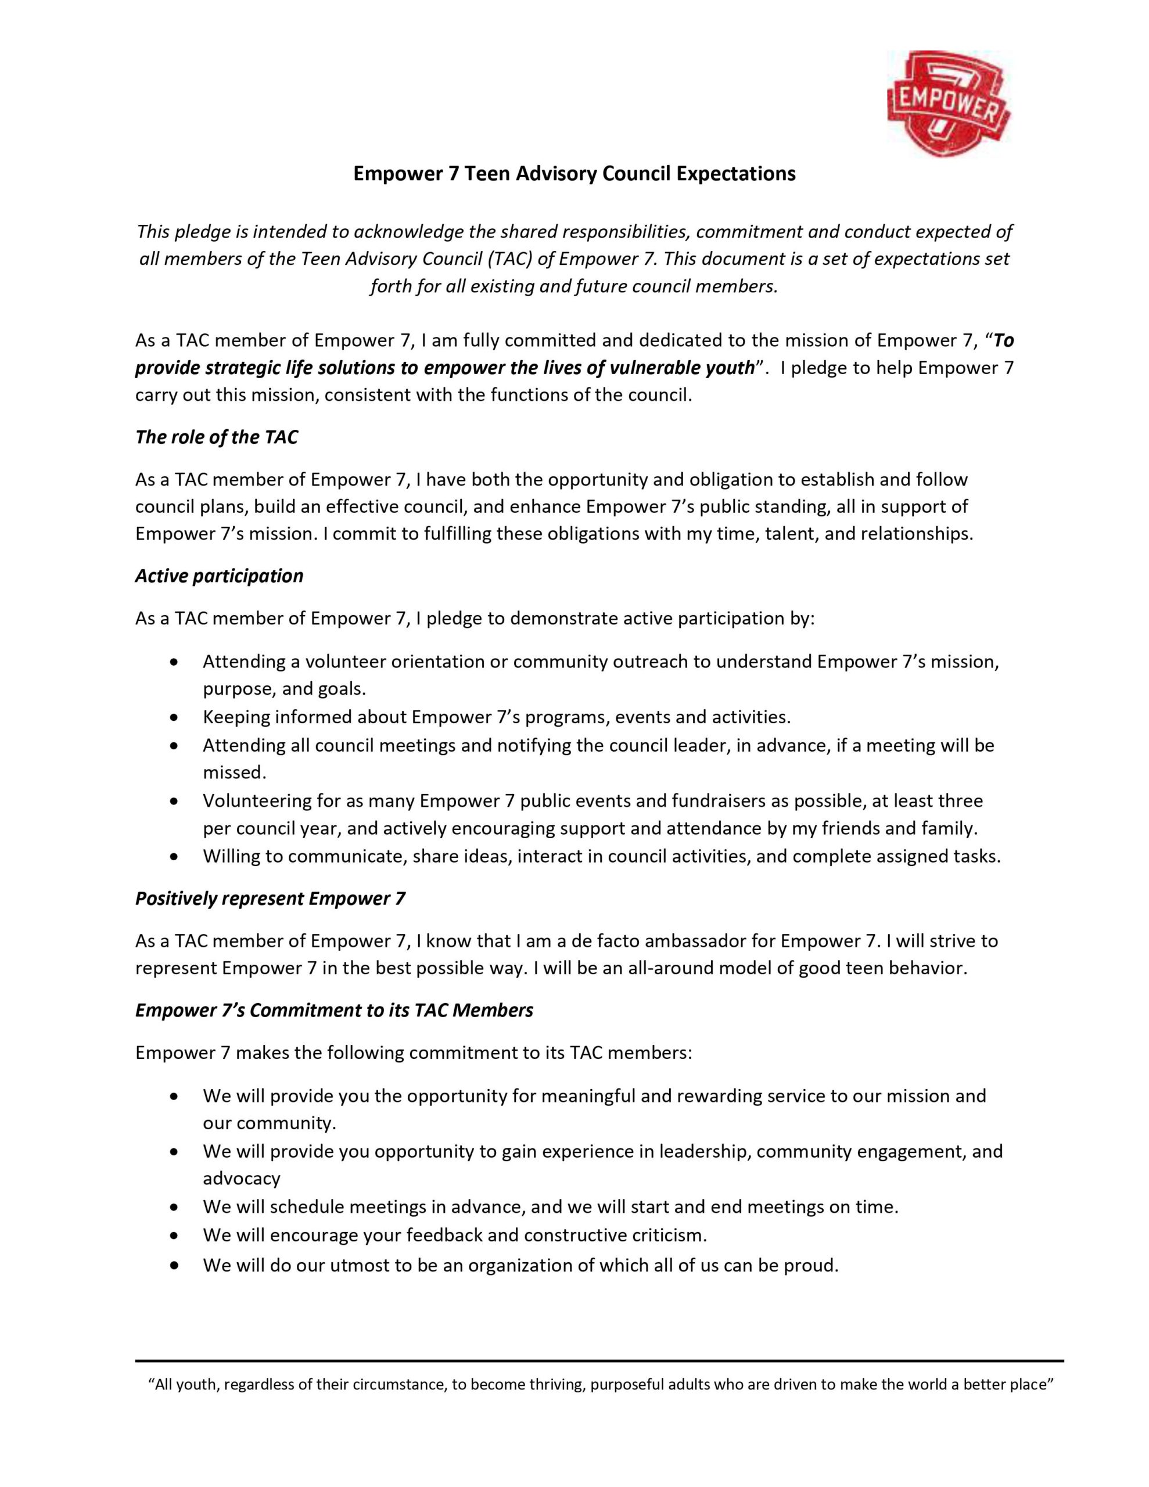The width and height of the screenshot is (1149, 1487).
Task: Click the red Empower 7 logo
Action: pos(948,103)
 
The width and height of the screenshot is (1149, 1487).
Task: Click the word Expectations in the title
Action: pos(735,174)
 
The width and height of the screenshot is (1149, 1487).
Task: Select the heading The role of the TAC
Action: pos(217,437)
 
